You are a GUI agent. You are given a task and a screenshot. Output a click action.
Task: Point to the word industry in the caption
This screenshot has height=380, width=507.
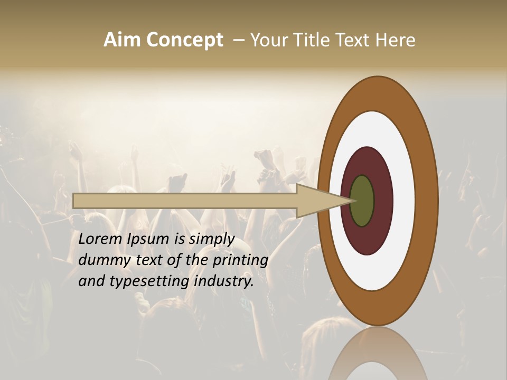[x=223, y=281]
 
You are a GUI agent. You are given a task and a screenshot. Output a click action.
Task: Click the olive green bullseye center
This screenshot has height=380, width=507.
[x=362, y=201]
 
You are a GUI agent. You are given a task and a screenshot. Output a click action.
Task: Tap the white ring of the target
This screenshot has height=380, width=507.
[x=404, y=201]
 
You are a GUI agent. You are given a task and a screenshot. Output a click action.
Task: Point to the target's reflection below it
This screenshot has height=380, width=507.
[x=378, y=354]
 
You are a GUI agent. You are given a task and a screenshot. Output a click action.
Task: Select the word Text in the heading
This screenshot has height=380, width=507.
[x=352, y=40]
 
